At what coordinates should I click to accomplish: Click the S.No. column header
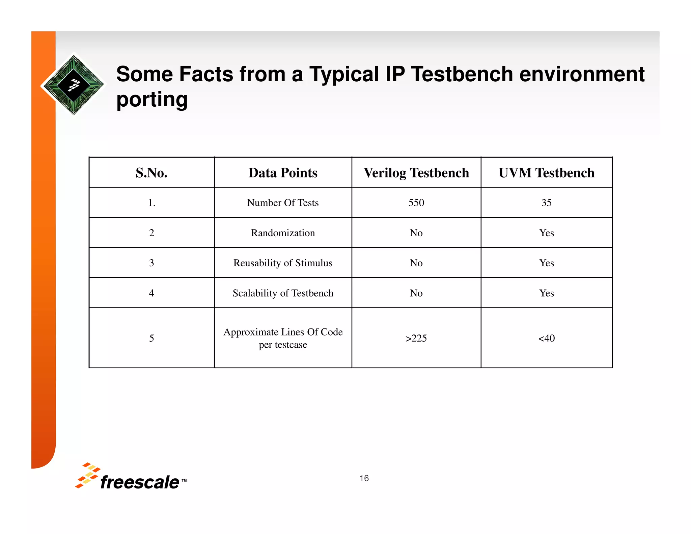pyautogui.click(x=151, y=173)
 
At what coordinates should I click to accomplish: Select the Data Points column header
pyautogui.click(x=283, y=173)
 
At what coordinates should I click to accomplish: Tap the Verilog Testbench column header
pyautogui.click(x=416, y=173)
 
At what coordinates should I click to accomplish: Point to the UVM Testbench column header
pyautogui.click(x=546, y=173)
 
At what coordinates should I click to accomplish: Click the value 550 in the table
pyautogui.click(x=416, y=203)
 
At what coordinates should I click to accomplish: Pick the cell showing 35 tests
pyautogui.click(x=546, y=203)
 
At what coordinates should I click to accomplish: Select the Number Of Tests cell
pyautogui.click(x=283, y=203)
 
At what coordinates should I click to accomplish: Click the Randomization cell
pyautogui.click(x=283, y=233)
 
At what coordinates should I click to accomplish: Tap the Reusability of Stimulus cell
pyautogui.click(x=283, y=263)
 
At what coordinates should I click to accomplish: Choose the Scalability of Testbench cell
pyautogui.click(x=283, y=293)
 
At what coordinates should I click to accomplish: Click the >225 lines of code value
pyautogui.click(x=416, y=338)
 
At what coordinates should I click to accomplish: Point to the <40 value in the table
pyautogui.click(x=546, y=338)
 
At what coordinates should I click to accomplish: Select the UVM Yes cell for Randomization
pyautogui.click(x=546, y=233)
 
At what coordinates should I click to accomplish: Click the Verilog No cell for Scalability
pyautogui.click(x=416, y=293)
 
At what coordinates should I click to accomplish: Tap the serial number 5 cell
pyautogui.click(x=151, y=338)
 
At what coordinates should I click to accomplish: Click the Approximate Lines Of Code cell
pyautogui.click(x=283, y=338)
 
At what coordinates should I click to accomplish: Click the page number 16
pyautogui.click(x=364, y=478)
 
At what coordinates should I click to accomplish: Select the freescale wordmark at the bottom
pyautogui.click(x=140, y=482)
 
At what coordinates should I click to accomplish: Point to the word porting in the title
pyautogui.click(x=152, y=100)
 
